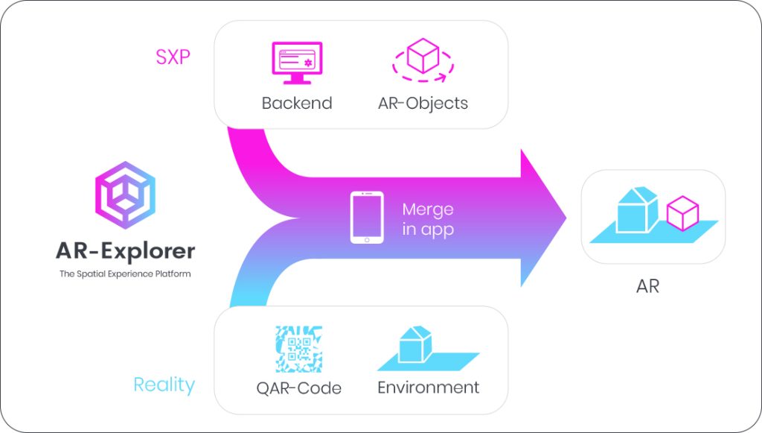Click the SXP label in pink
click(x=173, y=57)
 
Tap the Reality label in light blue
click(x=164, y=385)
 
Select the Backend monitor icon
click(x=296, y=61)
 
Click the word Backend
click(x=296, y=103)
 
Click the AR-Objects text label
click(x=423, y=103)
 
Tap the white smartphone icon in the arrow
click(x=367, y=218)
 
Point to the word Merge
click(x=428, y=209)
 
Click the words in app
click(x=428, y=230)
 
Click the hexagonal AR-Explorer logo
click(x=125, y=196)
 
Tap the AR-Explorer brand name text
click(x=125, y=250)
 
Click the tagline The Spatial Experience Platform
click(x=125, y=274)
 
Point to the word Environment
click(x=428, y=388)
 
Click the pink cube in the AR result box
click(x=682, y=213)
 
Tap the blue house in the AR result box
click(x=638, y=210)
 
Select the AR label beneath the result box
click(x=647, y=286)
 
